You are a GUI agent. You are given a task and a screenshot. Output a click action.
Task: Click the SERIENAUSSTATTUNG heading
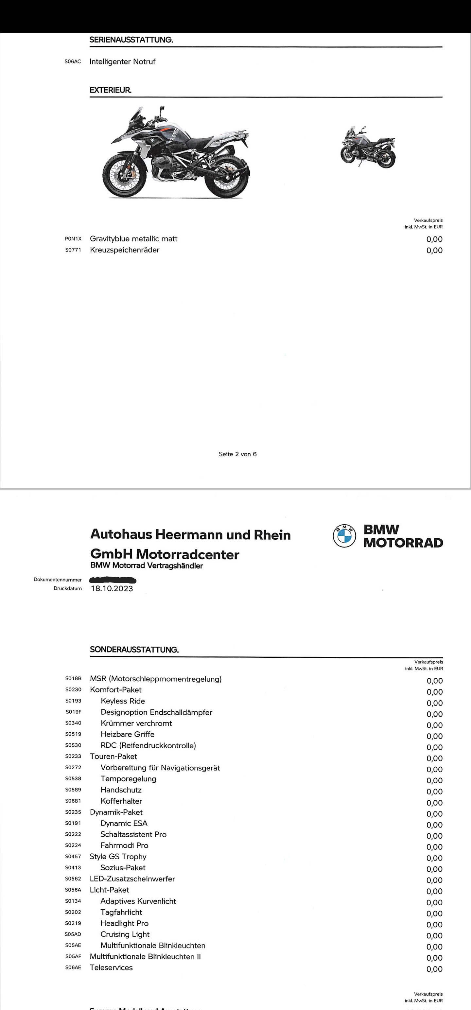131,40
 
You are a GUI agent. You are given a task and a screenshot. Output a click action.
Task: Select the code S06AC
73,61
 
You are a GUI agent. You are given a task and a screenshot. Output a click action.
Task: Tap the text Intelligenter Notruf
122,61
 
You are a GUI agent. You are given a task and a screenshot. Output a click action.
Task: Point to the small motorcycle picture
368,147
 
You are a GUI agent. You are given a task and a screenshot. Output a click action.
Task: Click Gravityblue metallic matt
133,239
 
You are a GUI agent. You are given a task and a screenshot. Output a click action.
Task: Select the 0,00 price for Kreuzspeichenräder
434,250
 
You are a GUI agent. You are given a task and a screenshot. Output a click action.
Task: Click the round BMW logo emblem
344,536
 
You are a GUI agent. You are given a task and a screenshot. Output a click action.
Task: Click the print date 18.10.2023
112,588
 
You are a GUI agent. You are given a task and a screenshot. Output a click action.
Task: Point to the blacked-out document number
113,580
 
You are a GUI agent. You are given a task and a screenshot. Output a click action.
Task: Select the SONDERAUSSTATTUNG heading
134,650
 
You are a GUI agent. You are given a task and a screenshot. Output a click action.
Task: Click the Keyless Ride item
123,701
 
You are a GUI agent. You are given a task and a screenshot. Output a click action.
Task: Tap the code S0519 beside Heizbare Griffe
73,734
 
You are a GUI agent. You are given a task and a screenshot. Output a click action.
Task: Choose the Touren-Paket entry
113,756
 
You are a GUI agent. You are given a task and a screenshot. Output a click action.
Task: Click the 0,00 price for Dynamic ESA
434,823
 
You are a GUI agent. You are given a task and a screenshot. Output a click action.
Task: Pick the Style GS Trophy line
118,856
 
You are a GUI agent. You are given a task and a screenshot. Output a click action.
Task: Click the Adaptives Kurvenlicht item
138,901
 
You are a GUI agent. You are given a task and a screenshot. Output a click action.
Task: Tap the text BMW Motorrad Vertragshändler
147,566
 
